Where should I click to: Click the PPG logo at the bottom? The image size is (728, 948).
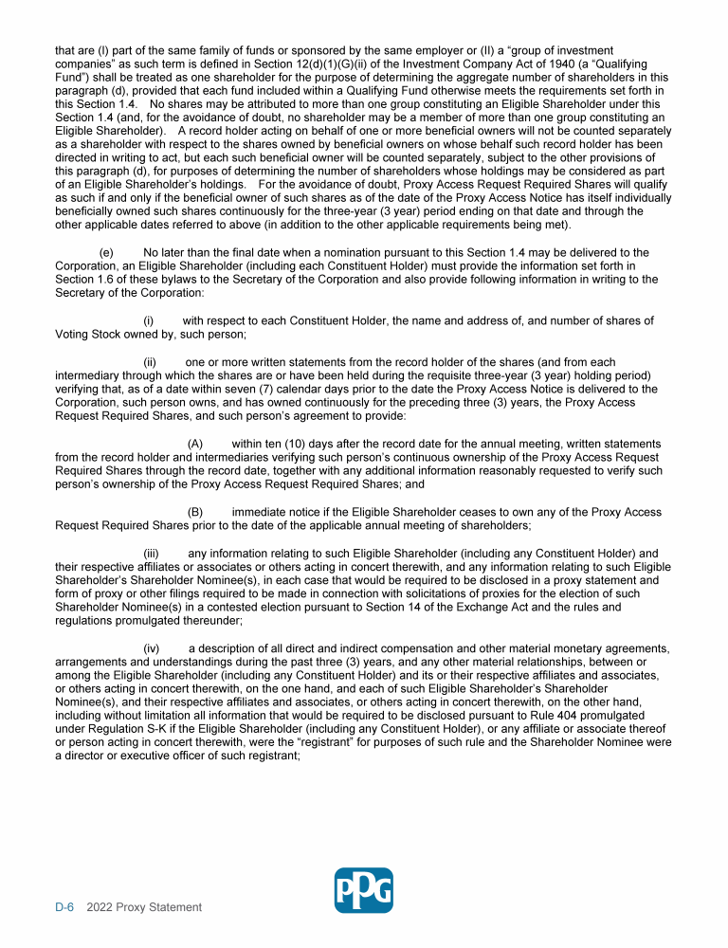pos(363,890)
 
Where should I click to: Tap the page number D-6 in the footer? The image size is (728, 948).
pos(64,907)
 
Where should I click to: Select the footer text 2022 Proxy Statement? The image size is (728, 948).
pos(144,907)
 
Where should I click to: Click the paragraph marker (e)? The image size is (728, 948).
pos(106,252)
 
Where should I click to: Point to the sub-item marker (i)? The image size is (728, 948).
pos(149,320)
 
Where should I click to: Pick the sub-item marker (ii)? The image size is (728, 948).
pos(150,362)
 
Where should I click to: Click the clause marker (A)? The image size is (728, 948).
pos(195,444)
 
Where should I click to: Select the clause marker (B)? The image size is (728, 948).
pos(195,512)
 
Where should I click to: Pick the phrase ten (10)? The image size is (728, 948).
pos(282,444)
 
